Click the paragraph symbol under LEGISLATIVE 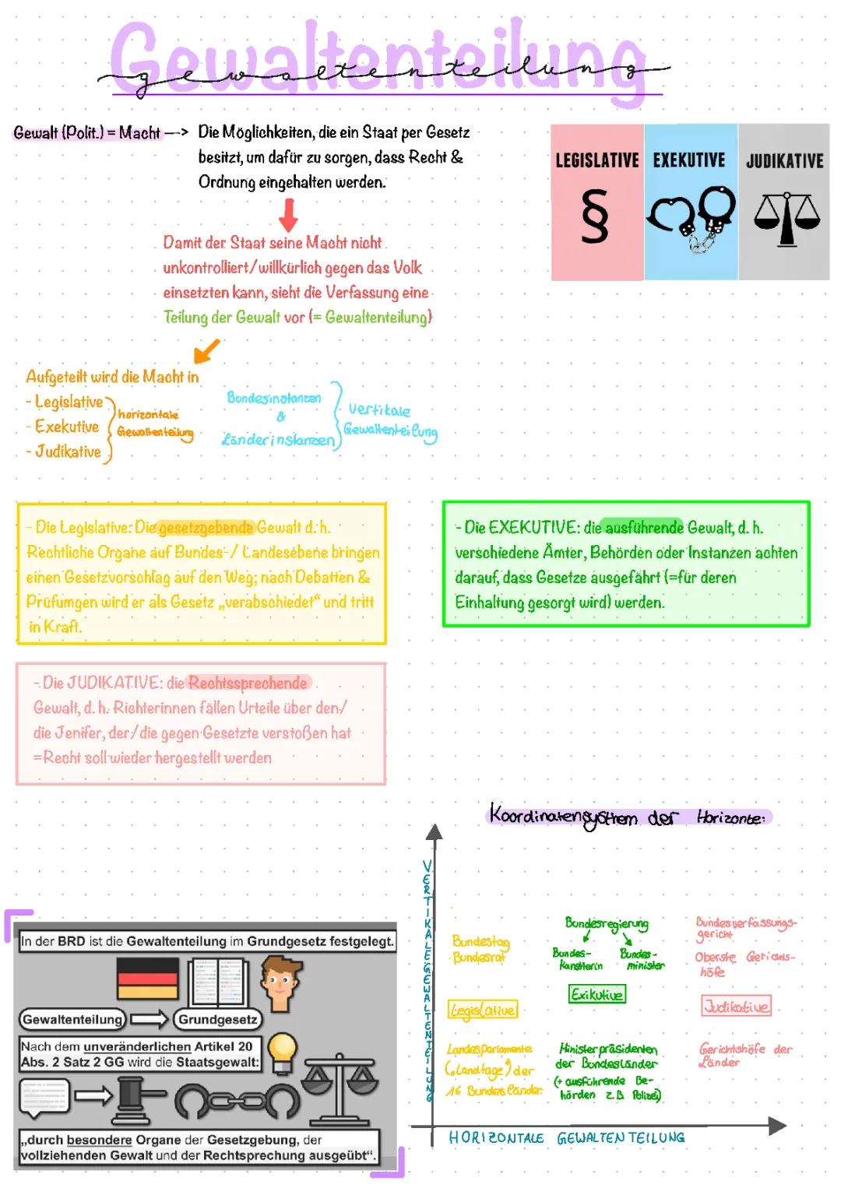coord(595,219)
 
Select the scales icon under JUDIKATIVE coord(786,218)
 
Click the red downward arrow coord(288,214)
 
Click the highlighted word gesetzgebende coord(206,528)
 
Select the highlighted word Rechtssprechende coord(248,683)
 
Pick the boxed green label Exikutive coord(596,994)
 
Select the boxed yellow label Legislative coord(483,1010)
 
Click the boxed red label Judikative coord(736,1006)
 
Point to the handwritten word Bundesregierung coord(607,924)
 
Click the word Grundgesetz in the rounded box coord(218,1019)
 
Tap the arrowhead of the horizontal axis coord(777,1125)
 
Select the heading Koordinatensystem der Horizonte coord(628,817)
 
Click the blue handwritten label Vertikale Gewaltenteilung coord(389,420)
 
